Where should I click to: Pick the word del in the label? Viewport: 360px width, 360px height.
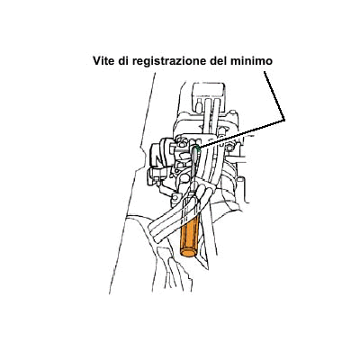(x=219, y=61)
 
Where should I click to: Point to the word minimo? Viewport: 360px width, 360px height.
(x=252, y=61)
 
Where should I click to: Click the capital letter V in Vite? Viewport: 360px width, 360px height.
(x=97, y=61)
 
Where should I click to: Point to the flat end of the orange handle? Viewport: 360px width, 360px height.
(x=187, y=252)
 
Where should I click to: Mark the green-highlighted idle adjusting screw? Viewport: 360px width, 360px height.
(x=197, y=148)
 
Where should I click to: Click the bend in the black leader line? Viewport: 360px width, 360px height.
(x=283, y=120)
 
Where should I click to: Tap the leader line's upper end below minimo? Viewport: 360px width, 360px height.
(x=265, y=71)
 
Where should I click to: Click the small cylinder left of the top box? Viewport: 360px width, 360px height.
(x=198, y=106)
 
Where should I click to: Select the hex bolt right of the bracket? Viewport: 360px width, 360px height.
(x=229, y=148)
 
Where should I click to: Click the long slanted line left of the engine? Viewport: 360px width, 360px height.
(x=132, y=183)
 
